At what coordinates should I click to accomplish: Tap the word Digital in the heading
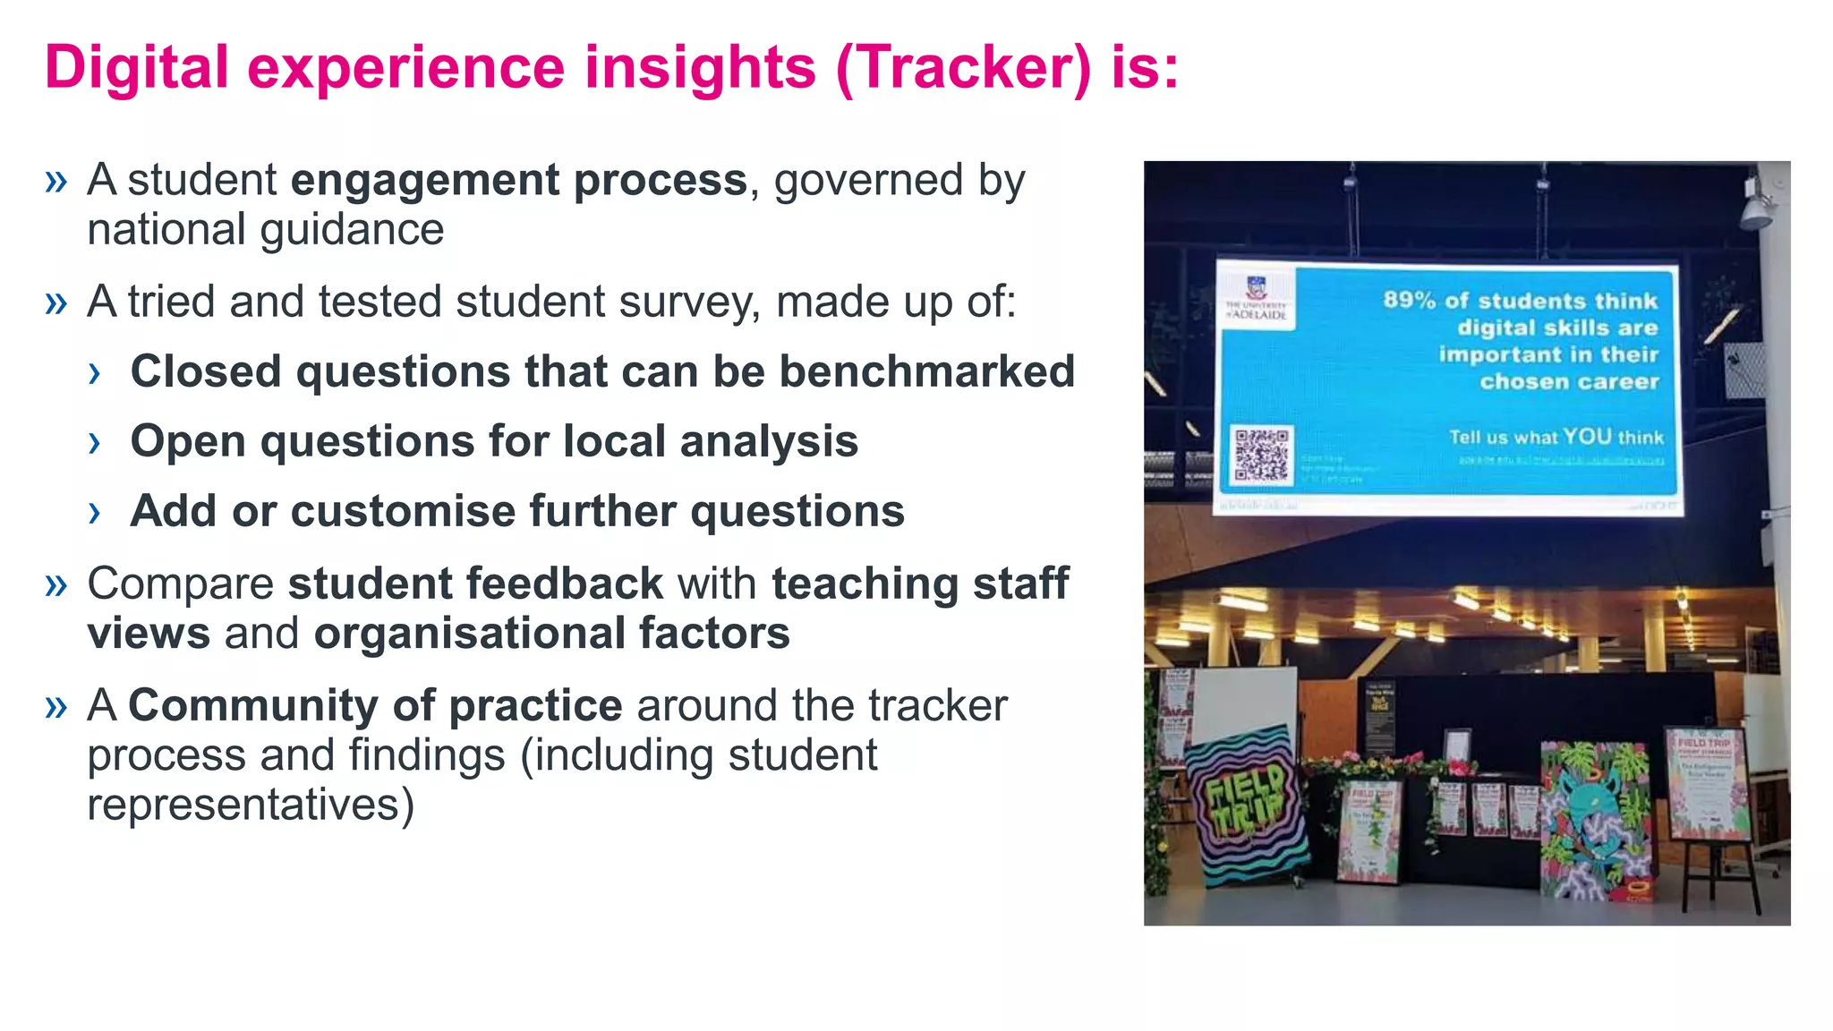136,68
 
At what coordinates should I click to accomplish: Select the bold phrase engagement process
518,181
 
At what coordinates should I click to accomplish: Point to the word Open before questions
187,442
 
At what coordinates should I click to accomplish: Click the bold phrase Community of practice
375,705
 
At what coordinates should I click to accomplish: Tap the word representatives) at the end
251,805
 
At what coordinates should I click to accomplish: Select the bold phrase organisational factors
551,634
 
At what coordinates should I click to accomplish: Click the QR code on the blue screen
1261,455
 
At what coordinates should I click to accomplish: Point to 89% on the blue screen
1409,300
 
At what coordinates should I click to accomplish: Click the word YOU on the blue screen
1588,437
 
